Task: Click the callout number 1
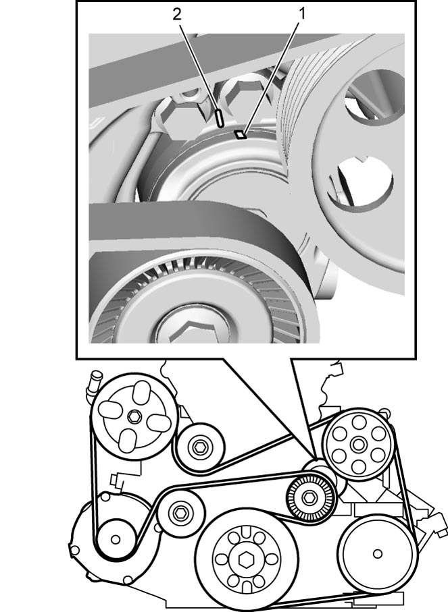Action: point(302,14)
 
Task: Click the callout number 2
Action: point(177,14)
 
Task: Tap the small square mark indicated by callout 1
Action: point(240,135)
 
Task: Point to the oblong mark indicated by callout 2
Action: point(220,118)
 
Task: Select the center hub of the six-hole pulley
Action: point(357,444)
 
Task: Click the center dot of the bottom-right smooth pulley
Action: point(378,553)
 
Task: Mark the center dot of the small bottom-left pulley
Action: point(116,539)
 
